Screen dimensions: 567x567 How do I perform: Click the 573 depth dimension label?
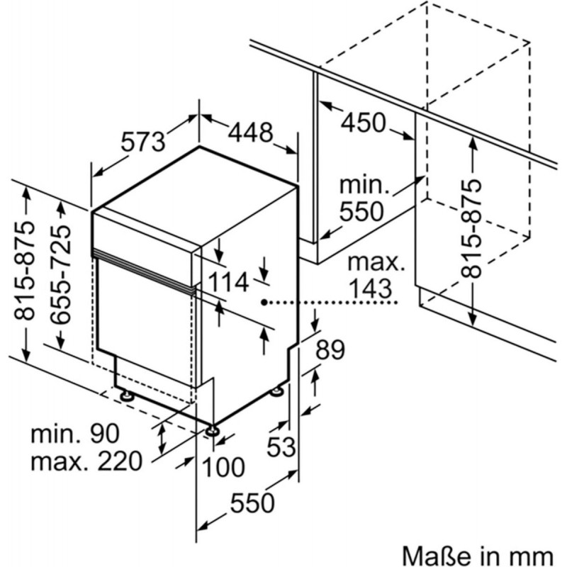pos(143,141)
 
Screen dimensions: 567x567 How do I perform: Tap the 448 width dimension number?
pos(250,133)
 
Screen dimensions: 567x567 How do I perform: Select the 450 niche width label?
pos(364,123)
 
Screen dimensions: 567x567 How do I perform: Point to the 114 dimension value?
pos(229,281)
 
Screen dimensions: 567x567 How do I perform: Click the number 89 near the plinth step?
pos(330,349)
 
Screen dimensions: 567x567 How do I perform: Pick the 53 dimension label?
pos(281,447)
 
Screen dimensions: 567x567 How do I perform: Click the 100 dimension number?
pos(223,466)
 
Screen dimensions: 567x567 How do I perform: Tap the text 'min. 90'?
pos(75,434)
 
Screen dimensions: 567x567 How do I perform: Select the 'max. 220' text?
pos(86,461)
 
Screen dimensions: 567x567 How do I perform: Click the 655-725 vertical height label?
pos(60,275)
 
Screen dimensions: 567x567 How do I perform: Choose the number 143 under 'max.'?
pos(371,288)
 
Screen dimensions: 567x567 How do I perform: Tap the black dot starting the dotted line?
pos(264,302)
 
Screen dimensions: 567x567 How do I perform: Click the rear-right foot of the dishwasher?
pos(278,391)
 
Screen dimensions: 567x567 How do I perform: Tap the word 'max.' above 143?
pos(376,263)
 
